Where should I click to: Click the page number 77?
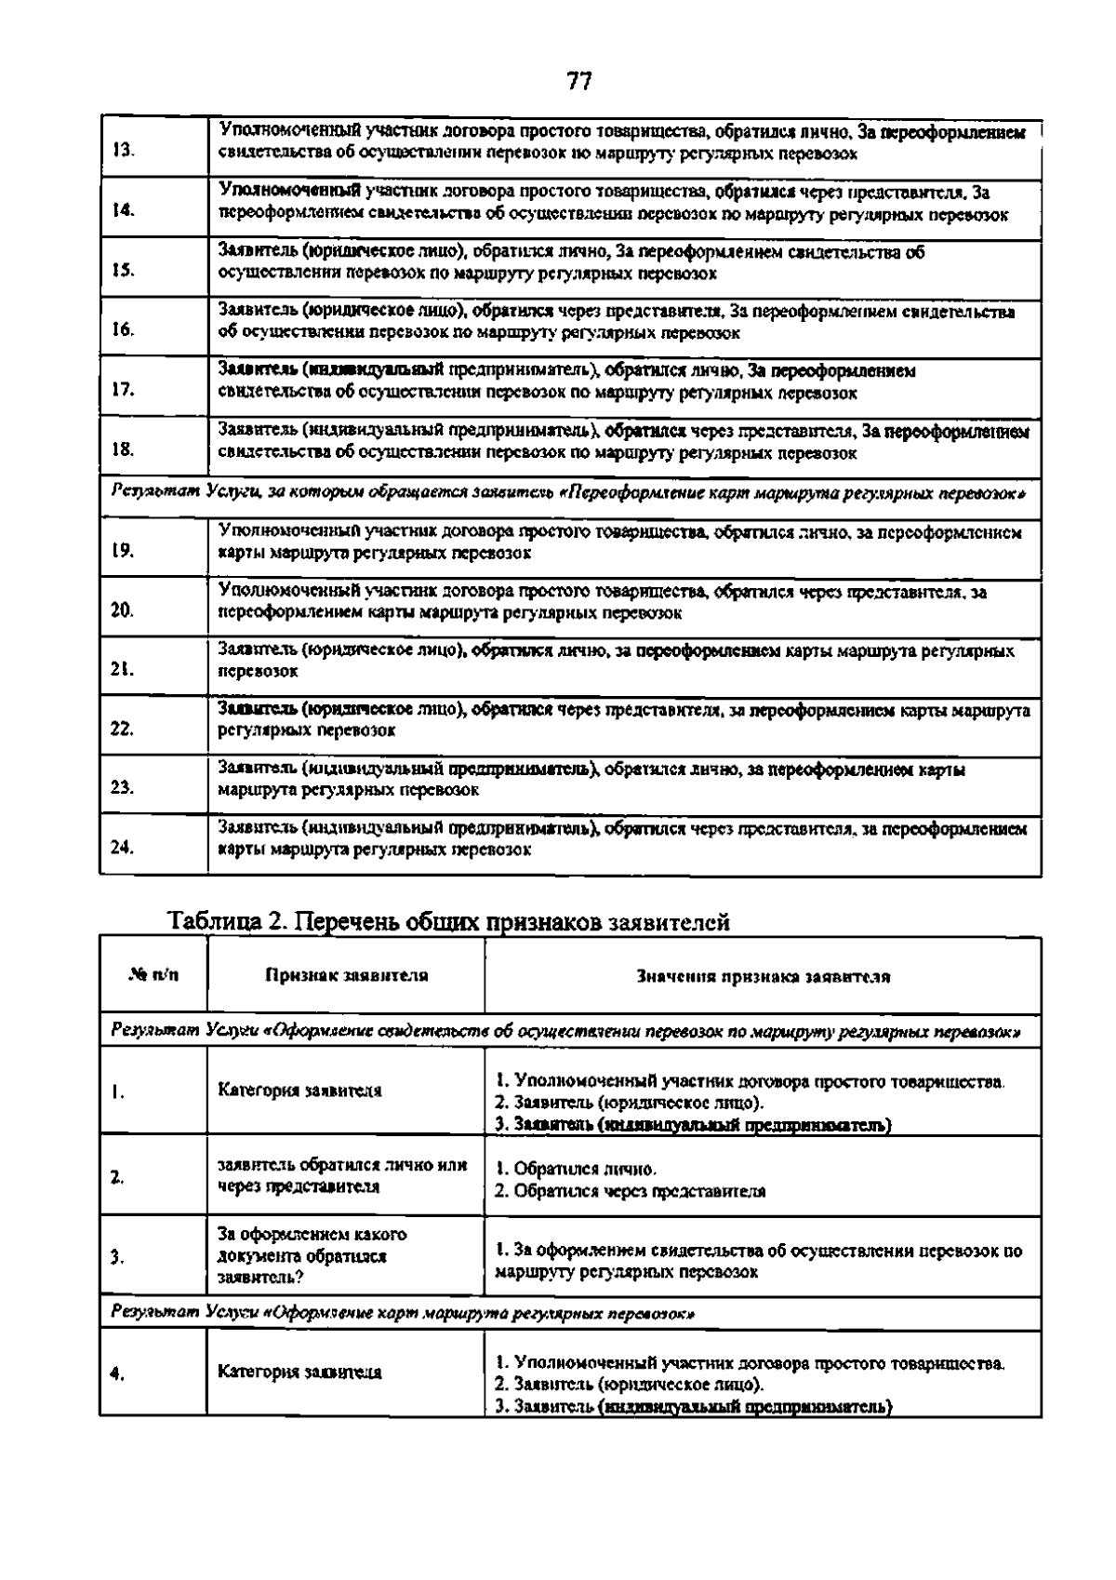[x=578, y=82]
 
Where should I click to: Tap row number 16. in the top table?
[x=123, y=329]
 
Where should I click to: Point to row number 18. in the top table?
[x=123, y=449]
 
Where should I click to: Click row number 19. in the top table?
[x=123, y=550]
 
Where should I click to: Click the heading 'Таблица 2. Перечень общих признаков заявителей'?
[x=448, y=922]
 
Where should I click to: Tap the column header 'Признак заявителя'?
[x=346, y=976]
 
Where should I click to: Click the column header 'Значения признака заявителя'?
[x=763, y=977]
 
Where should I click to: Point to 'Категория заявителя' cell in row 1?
[x=299, y=1091]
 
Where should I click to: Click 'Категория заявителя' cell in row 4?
[x=299, y=1372]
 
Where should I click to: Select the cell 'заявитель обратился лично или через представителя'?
[x=342, y=1176]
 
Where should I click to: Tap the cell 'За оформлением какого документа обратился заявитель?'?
[x=312, y=1256]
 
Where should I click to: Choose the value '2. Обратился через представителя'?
[x=631, y=1192]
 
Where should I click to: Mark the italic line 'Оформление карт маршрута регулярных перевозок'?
[x=404, y=1314]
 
